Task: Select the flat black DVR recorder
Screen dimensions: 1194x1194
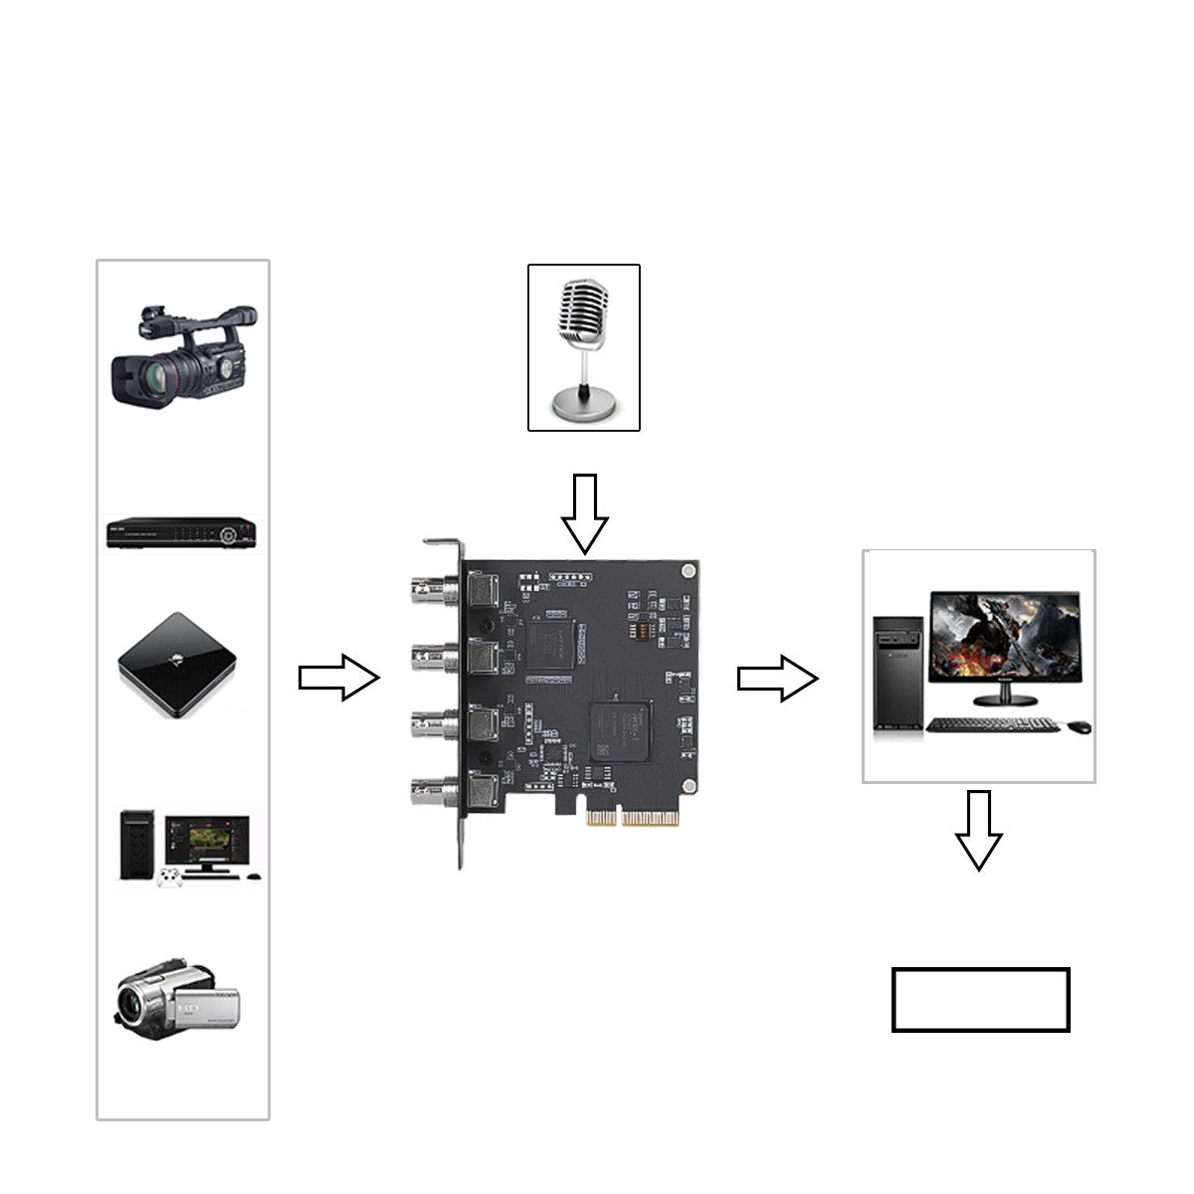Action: (182, 532)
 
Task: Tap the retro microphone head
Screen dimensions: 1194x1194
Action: (583, 311)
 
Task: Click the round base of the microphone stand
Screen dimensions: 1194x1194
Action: (583, 406)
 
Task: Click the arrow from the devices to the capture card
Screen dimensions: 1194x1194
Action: (339, 678)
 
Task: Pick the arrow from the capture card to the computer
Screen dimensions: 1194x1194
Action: (777, 678)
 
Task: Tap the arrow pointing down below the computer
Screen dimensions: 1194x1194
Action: (979, 830)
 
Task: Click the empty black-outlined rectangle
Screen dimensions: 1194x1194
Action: (980, 999)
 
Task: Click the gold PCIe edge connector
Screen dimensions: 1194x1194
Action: (633, 818)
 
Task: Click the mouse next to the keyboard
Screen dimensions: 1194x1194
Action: (1080, 726)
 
